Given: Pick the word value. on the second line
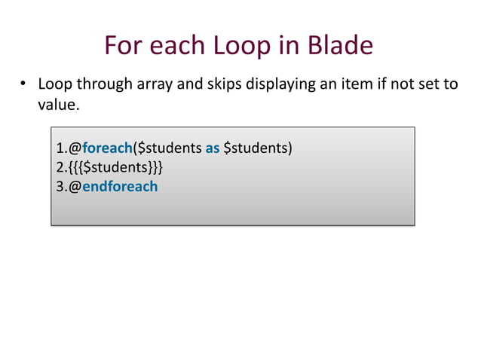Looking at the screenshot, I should point(58,105).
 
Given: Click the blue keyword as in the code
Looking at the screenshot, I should point(213,147).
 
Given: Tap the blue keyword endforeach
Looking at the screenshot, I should point(120,186).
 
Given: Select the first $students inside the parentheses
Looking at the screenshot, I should point(170,147).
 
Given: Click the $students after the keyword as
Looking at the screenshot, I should point(256,147).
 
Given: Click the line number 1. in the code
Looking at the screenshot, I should point(61,147).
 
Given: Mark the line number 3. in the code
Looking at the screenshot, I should point(61,186).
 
